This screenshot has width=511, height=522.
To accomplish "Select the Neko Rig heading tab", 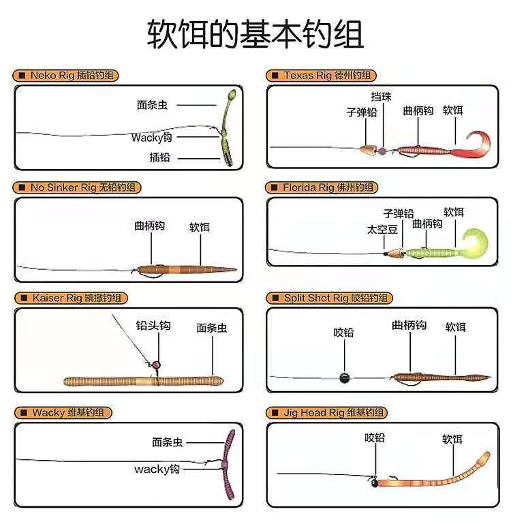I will (x=66, y=75).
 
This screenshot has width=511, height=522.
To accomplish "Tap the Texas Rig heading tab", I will (x=322, y=75).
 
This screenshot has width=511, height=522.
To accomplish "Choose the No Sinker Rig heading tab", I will (x=78, y=187).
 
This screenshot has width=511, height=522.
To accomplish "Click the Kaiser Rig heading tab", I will (x=70, y=298).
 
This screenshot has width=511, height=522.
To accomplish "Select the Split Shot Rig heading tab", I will (x=329, y=298).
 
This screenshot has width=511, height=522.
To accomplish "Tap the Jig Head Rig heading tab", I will (x=326, y=412).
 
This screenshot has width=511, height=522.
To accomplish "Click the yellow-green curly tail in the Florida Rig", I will (x=471, y=244).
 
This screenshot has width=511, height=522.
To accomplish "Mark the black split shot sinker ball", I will (x=344, y=377).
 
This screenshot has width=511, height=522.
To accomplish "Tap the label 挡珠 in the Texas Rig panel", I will (x=382, y=97).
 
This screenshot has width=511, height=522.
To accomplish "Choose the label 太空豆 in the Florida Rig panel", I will (x=382, y=230).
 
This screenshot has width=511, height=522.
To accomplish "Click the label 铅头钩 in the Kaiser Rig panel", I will (x=153, y=326).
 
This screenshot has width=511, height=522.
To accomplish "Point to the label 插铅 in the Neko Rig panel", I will (x=159, y=157).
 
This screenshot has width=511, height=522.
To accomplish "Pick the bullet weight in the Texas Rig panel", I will (x=369, y=149).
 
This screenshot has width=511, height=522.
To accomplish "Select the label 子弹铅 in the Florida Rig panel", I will (x=399, y=213).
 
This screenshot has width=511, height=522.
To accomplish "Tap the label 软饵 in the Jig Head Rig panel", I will (x=452, y=440).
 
